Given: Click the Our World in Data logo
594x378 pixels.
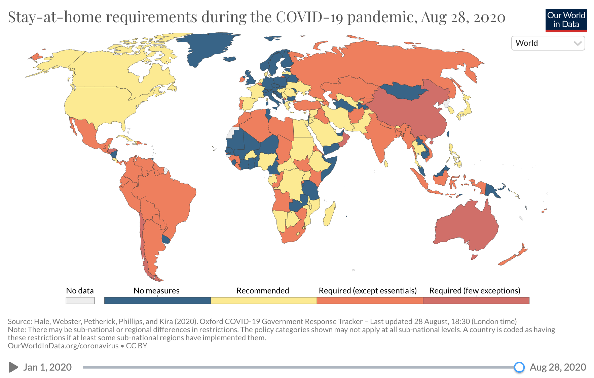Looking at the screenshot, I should pyautogui.click(x=566, y=20).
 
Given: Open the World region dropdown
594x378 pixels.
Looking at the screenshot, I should pyautogui.click(x=548, y=43).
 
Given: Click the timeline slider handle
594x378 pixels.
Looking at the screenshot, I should pyautogui.click(x=519, y=367).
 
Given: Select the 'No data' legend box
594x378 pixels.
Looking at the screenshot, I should pyautogui.click(x=80, y=301).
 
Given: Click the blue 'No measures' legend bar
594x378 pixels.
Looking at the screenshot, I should pyautogui.click(x=157, y=301).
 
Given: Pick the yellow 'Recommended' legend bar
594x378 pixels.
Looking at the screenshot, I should pyautogui.click(x=264, y=301).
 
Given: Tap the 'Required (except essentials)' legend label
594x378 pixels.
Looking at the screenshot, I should pyautogui.click(x=368, y=290).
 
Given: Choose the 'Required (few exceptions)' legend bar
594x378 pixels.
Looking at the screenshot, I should pyautogui.click(x=476, y=301).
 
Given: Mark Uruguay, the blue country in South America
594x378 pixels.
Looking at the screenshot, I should pyautogui.click(x=166, y=240).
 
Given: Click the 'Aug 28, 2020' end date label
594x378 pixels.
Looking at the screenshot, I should pyautogui.click(x=558, y=367).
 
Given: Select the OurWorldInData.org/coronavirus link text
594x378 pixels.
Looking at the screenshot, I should pyautogui.click(x=63, y=346).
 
